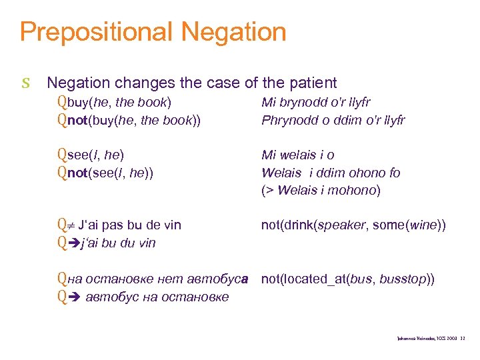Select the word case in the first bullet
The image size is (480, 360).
pyautogui.click(x=204, y=83)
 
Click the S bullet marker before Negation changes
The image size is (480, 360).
pyautogui.click(x=25, y=83)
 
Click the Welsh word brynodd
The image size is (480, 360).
pyautogui.click(x=304, y=102)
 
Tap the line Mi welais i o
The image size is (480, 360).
pyautogui.click(x=298, y=155)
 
